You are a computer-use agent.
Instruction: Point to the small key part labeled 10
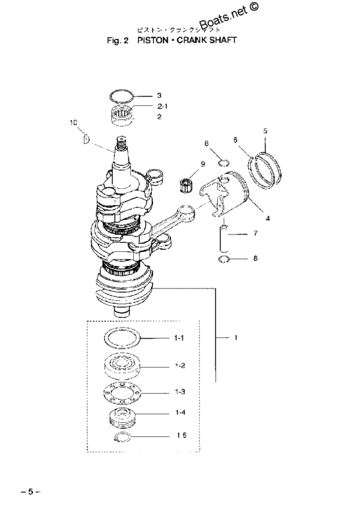point(84,136)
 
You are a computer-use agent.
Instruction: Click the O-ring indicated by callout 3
point(122,97)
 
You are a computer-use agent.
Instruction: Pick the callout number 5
point(264,132)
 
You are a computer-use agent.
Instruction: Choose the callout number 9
point(203,164)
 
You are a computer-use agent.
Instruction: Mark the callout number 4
point(267,217)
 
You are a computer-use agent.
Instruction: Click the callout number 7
point(255,234)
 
